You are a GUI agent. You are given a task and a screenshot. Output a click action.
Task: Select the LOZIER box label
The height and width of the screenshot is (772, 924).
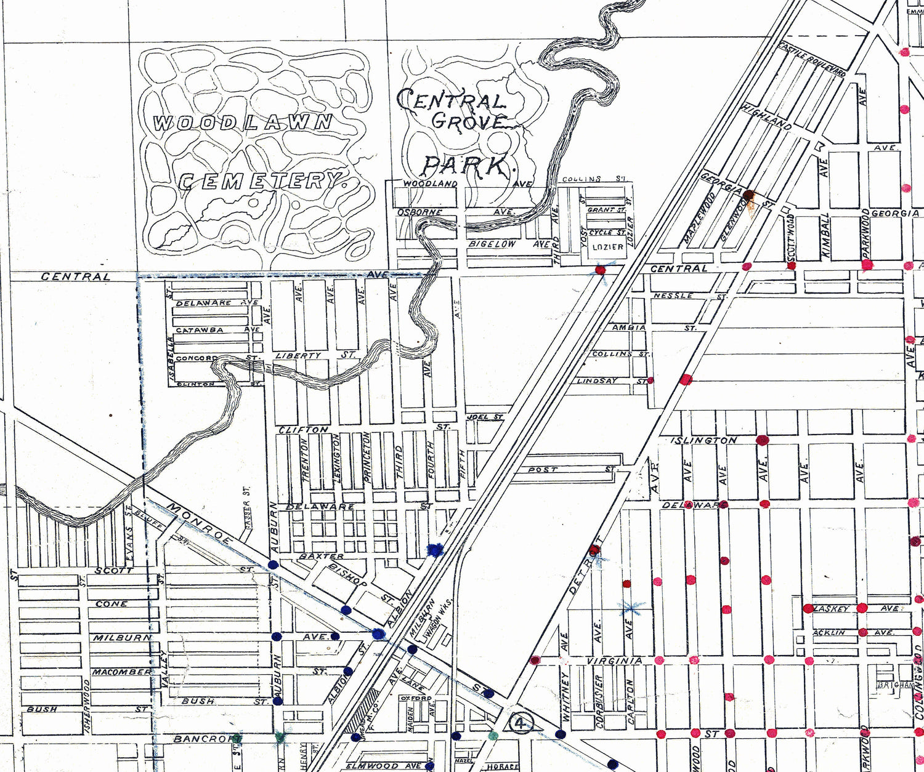(x=608, y=247)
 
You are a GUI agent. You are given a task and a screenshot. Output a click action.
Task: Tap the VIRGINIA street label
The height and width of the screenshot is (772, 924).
(x=614, y=661)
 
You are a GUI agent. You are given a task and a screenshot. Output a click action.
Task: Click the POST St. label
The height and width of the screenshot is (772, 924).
(x=543, y=469)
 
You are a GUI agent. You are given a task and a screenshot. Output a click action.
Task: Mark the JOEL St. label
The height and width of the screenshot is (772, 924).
(x=478, y=417)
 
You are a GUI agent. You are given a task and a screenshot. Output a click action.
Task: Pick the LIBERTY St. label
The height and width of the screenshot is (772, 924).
(x=298, y=355)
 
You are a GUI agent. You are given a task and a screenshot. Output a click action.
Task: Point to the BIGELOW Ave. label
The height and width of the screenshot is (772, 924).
(x=492, y=244)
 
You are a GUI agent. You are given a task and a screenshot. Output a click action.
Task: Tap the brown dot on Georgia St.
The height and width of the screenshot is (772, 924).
(x=748, y=196)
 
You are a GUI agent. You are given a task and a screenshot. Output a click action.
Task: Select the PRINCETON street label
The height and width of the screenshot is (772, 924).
(x=367, y=460)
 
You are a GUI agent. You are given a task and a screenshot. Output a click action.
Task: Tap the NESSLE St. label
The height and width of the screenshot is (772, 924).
(x=673, y=296)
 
